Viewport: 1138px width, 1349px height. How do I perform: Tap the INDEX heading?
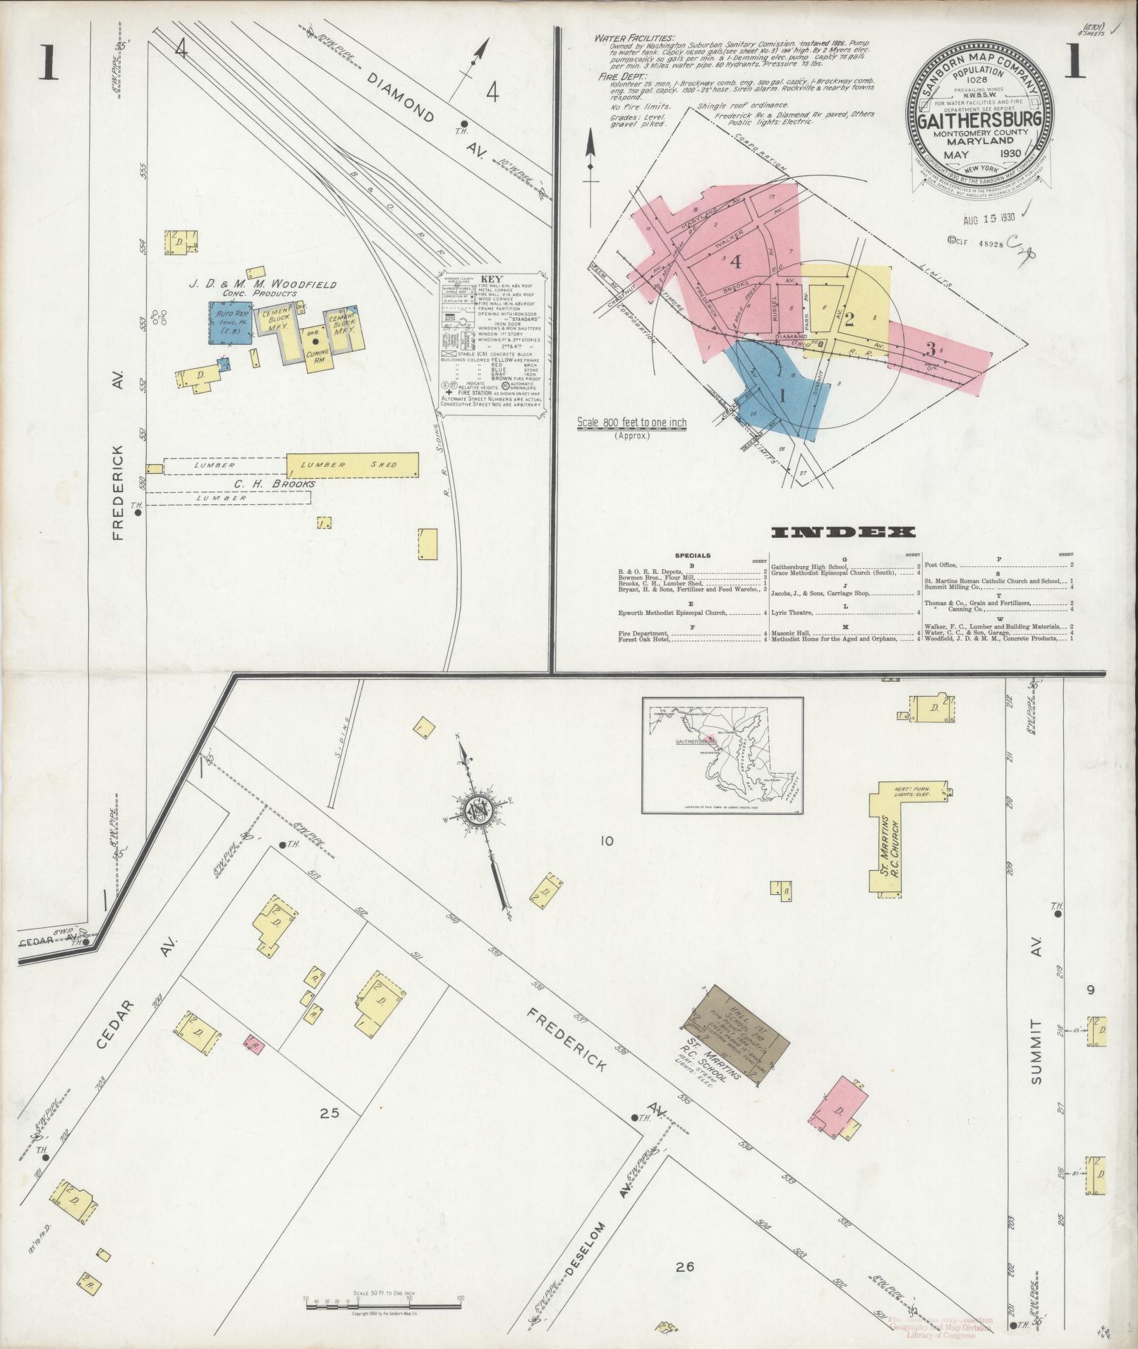(843, 532)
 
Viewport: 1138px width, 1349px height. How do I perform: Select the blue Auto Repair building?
(230, 323)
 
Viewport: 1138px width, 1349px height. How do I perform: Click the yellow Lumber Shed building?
(352, 465)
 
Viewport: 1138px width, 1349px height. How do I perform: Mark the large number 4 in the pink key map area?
(736, 261)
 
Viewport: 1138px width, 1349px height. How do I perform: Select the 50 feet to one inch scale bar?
(383, 1303)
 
